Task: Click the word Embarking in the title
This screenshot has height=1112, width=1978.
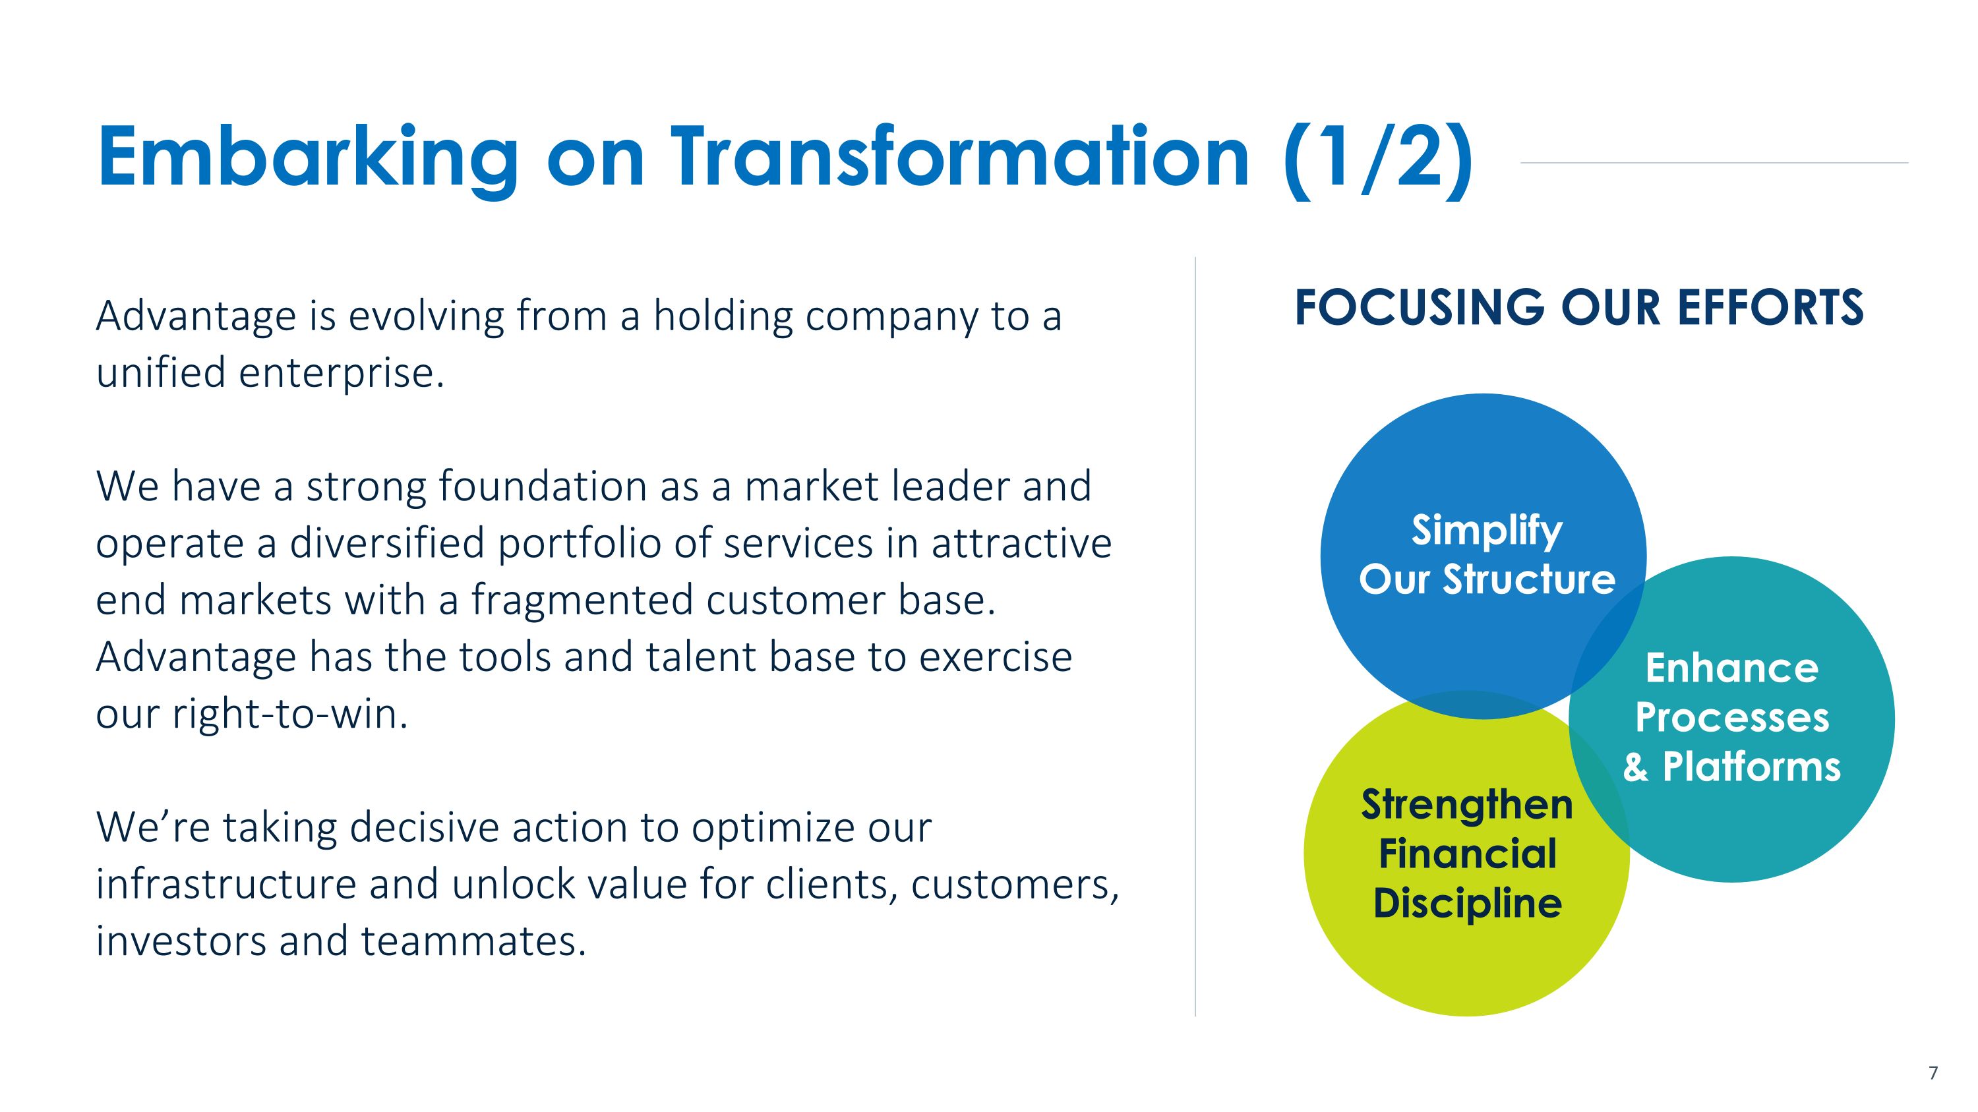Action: [x=307, y=158]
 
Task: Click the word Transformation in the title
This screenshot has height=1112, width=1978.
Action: [x=960, y=158]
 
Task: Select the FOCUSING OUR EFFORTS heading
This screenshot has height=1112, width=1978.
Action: [x=1578, y=308]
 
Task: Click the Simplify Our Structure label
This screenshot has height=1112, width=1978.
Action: [x=1487, y=554]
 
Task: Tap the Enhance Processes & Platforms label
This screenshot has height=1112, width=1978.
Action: [x=1731, y=718]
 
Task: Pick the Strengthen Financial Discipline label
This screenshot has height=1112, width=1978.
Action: [x=1466, y=854]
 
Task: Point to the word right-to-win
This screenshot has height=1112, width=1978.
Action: [x=289, y=715]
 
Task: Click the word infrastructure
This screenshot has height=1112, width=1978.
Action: [x=225, y=884]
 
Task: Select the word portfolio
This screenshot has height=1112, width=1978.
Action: [x=579, y=543]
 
